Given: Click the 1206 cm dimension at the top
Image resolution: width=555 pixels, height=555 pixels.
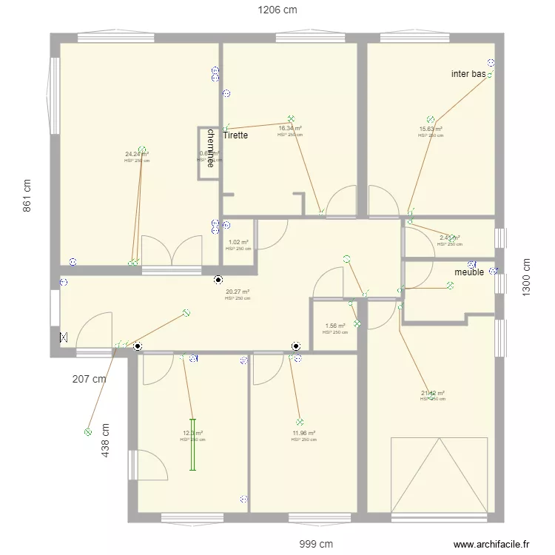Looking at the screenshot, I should pos(277,10).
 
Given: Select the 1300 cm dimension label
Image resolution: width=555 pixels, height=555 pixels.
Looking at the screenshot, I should pos(527,277).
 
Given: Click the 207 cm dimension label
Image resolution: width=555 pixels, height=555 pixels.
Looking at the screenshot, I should pos(90,379).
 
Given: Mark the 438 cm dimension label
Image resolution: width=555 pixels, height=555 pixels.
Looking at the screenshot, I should pos(106,439).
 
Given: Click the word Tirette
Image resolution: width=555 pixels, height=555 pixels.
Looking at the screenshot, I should pos(235,135).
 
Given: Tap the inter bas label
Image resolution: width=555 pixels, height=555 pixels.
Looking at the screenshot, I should pos(468,74).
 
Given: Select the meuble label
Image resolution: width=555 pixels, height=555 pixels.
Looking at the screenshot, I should pos(469,272).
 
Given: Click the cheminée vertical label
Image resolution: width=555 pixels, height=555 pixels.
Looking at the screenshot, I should pos(211,148).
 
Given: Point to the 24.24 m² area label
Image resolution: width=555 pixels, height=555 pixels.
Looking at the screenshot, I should pos(137,154).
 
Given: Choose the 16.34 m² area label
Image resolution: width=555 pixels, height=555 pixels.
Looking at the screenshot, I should pos(289,128).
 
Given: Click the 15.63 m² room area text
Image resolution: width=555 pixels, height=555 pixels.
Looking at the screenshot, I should pos(431,129).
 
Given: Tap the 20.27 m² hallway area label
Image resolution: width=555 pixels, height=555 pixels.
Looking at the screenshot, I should pos(238,292).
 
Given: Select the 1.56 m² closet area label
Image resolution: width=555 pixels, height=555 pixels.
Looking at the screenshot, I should pos(335,326).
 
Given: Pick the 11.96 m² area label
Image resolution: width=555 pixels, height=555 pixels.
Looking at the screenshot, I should pos(303,433).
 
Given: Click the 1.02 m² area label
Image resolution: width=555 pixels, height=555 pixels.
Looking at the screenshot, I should pos(238,242).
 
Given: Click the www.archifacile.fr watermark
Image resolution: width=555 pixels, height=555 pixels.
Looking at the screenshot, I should pos(492,544).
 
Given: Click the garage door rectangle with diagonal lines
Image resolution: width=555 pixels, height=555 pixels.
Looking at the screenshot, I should pos(439,474).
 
